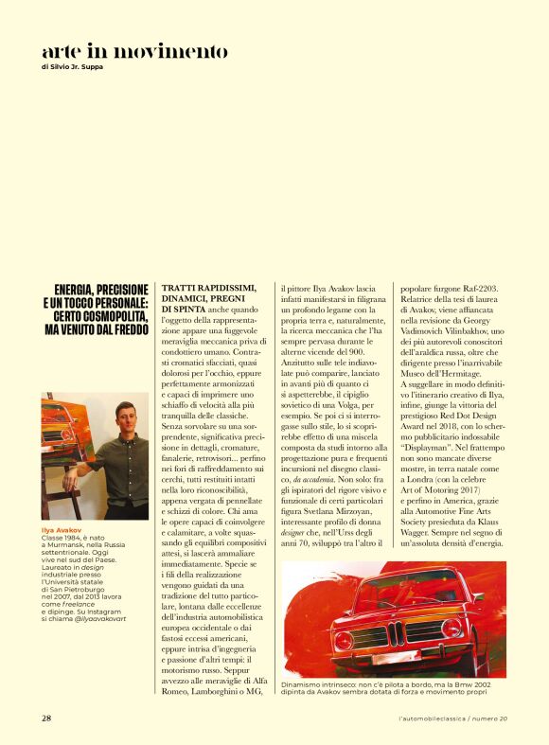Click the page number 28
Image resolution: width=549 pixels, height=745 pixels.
click(46, 718)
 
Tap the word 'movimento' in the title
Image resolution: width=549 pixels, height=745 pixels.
click(173, 50)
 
